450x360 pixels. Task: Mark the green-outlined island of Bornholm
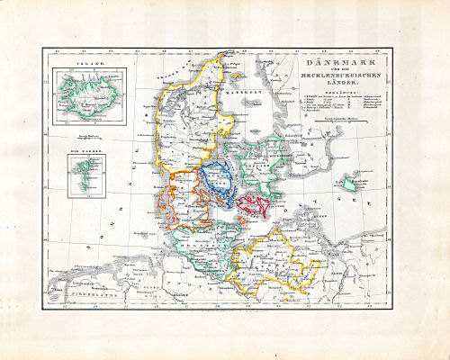pos(349,184)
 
